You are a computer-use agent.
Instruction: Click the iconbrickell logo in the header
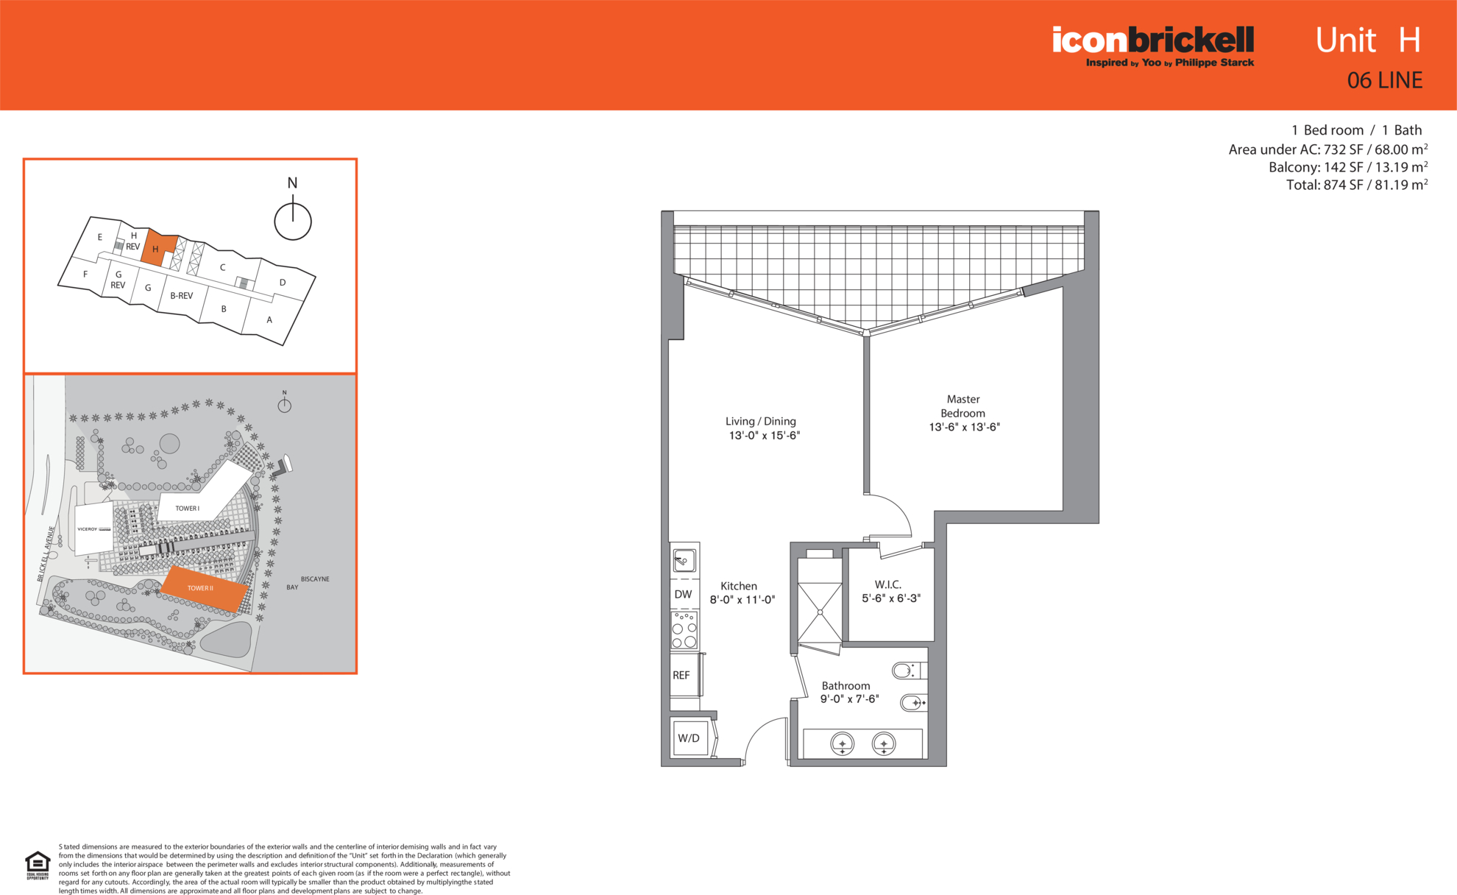[1153, 46]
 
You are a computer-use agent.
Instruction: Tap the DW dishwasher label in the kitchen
[683, 594]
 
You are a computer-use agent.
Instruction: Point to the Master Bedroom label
[963, 406]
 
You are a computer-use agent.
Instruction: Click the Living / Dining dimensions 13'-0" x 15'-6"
[764, 436]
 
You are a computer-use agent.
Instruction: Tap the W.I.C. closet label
[888, 584]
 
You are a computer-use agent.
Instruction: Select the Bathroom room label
[846, 685]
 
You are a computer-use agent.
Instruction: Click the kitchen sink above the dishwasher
[684, 561]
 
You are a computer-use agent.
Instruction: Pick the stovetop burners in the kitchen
[684, 631]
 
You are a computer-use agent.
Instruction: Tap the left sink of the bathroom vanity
[843, 744]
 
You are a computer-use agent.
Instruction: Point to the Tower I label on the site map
[187, 509]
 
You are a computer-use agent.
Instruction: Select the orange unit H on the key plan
[157, 249]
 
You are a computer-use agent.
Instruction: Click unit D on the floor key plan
[282, 282]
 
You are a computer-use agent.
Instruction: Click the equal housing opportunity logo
[38, 866]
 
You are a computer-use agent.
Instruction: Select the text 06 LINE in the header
[1385, 80]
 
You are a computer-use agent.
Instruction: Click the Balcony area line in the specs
[1348, 167]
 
